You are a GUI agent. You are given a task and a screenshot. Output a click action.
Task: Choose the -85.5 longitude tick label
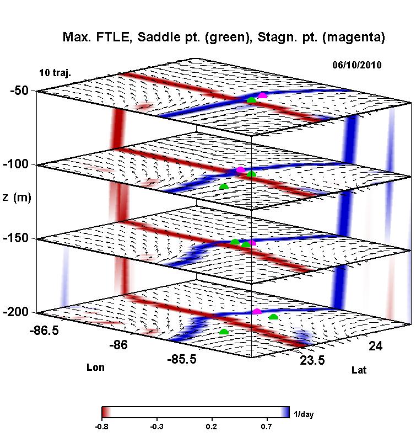coord(182,360)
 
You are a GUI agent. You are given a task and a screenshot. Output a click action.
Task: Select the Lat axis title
coord(359,370)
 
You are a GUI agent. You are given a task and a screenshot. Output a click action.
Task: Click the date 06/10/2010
coord(358,65)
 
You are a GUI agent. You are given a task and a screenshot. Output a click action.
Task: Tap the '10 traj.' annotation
coord(55,73)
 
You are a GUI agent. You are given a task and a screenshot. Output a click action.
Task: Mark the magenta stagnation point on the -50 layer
coord(262,95)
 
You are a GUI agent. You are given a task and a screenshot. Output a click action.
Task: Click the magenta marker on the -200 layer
coord(257,312)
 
